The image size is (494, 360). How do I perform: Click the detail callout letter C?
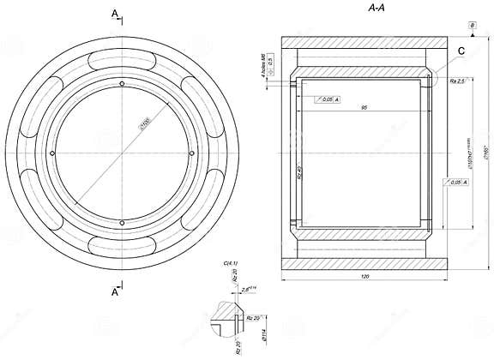(461, 51)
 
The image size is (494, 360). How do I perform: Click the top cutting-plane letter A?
(114, 13)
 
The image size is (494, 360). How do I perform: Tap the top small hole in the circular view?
(123, 83)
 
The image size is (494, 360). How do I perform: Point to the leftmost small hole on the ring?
(53, 153)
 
